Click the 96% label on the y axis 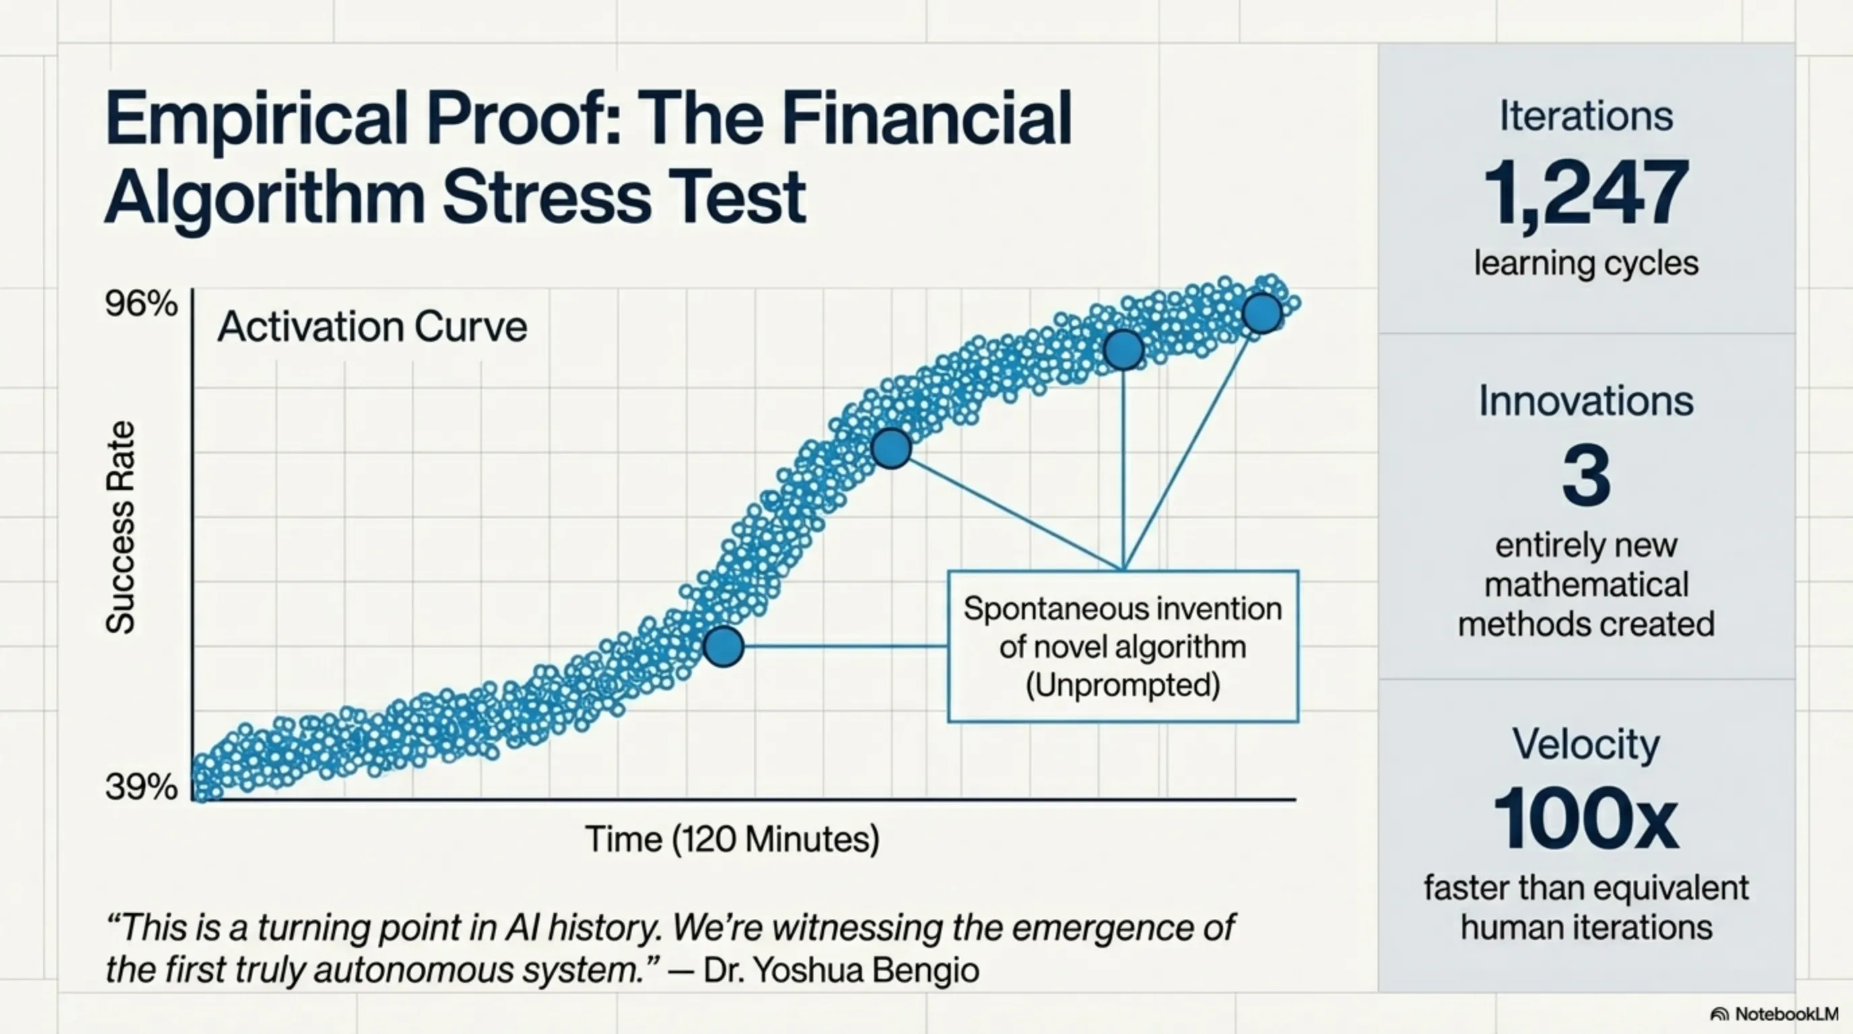pyautogui.click(x=140, y=304)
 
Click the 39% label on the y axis pyautogui.click(x=140, y=788)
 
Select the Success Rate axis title pyautogui.click(x=120, y=527)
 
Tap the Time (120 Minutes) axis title pyautogui.click(x=731, y=839)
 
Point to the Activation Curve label pyautogui.click(x=372, y=327)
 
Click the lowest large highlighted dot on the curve pyautogui.click(x=723, y=646)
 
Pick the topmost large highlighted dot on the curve pyautogui.click(x=1262, y=313)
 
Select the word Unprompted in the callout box pyautogui.click(x=1122, y=685)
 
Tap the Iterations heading pyautogui.click(x=1586, y=116)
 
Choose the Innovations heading pyautogui.click(x=1586, y=401)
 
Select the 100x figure pyautogui.click(x=1586, y=820)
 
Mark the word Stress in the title pyautogui.click(x=546, y=197)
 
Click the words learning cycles pyautogui.click(x=1586, y=263)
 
